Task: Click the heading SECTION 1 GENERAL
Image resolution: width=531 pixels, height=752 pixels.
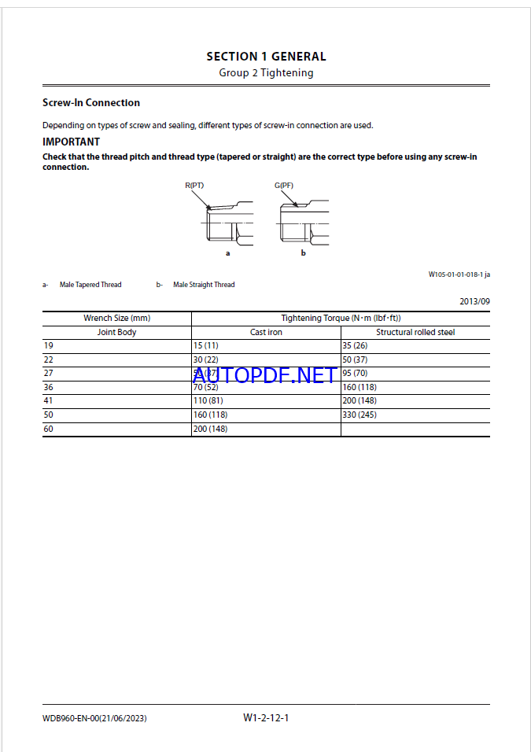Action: tap(266, 57)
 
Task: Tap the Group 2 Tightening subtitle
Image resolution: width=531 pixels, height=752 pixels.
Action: tap(266, 73)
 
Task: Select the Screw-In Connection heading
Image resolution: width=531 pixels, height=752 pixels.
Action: tap(91, 103)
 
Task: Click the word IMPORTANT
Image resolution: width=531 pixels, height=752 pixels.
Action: tap(71, 142)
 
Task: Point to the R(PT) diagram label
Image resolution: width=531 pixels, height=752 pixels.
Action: tap(194, 186)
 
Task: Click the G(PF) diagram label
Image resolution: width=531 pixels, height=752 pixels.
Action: tap(284, 186)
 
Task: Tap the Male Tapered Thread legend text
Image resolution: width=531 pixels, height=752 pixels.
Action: tap(90, 285)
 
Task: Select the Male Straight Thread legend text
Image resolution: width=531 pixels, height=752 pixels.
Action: tap(204, 285)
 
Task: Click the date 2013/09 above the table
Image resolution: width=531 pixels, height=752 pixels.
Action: tap(474, 301)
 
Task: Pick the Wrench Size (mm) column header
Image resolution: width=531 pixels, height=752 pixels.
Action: tap(116, 319)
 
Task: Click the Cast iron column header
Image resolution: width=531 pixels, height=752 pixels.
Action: tap(266, 333)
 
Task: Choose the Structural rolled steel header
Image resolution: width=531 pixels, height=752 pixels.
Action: tap(415, 333)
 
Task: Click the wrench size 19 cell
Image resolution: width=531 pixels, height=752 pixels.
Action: tap(48, 346)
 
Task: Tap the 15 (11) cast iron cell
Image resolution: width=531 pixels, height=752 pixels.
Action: tap(205, 346)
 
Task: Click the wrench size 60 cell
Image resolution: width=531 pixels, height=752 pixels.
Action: tap(48, 429)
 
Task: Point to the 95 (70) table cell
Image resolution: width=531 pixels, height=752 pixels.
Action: tap(356, 374)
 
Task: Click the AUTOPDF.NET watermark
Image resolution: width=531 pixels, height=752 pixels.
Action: tap(264, 375)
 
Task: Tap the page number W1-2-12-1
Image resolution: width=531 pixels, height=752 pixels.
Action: tap(266, 717)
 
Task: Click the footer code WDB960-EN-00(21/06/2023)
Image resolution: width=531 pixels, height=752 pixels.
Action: tap(94, 718)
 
